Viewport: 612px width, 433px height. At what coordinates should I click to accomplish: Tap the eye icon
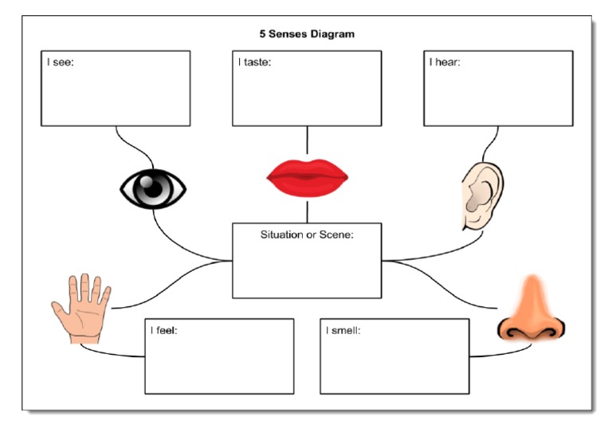pos(153,189)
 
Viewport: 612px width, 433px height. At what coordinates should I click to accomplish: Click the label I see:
pos(60,61)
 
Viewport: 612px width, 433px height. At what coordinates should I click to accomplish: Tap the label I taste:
pos(254,61)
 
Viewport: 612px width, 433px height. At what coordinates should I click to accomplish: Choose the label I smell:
pos(343,329)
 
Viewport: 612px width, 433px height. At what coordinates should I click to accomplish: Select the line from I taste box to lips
pos(307,141)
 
